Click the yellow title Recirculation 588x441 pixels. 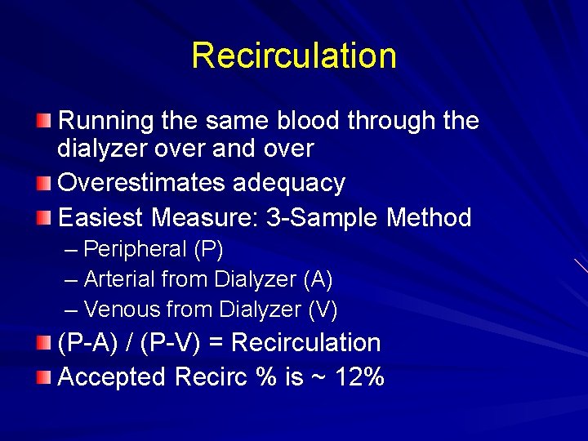click(x=294, y=56)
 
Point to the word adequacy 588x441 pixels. click(x=289, y=183)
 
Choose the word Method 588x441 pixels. click(x=430, y=218)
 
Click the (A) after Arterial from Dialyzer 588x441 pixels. click(x=318, y=279)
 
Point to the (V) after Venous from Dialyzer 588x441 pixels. click(x=323, y=310)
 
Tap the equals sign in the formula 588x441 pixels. click(x=216, y=343)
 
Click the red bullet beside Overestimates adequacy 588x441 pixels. click(x=44, y=183)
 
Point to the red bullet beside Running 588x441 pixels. click(x=44, y=122)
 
